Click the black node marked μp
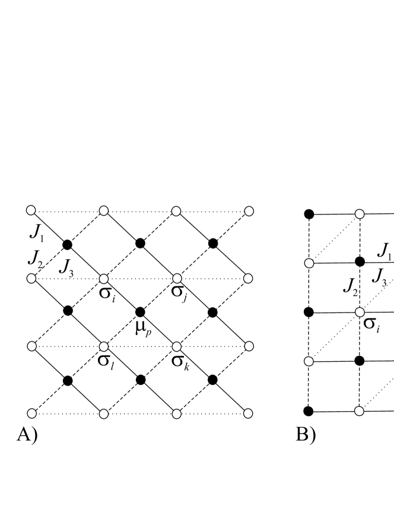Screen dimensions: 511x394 point(140,311)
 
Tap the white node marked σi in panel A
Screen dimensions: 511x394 point(104,277)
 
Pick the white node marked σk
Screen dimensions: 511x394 point(176,346)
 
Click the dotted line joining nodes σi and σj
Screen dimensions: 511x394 point(140,277)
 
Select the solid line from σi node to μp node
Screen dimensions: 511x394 point(122,295)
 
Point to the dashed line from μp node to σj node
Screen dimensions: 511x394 point(158,294)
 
